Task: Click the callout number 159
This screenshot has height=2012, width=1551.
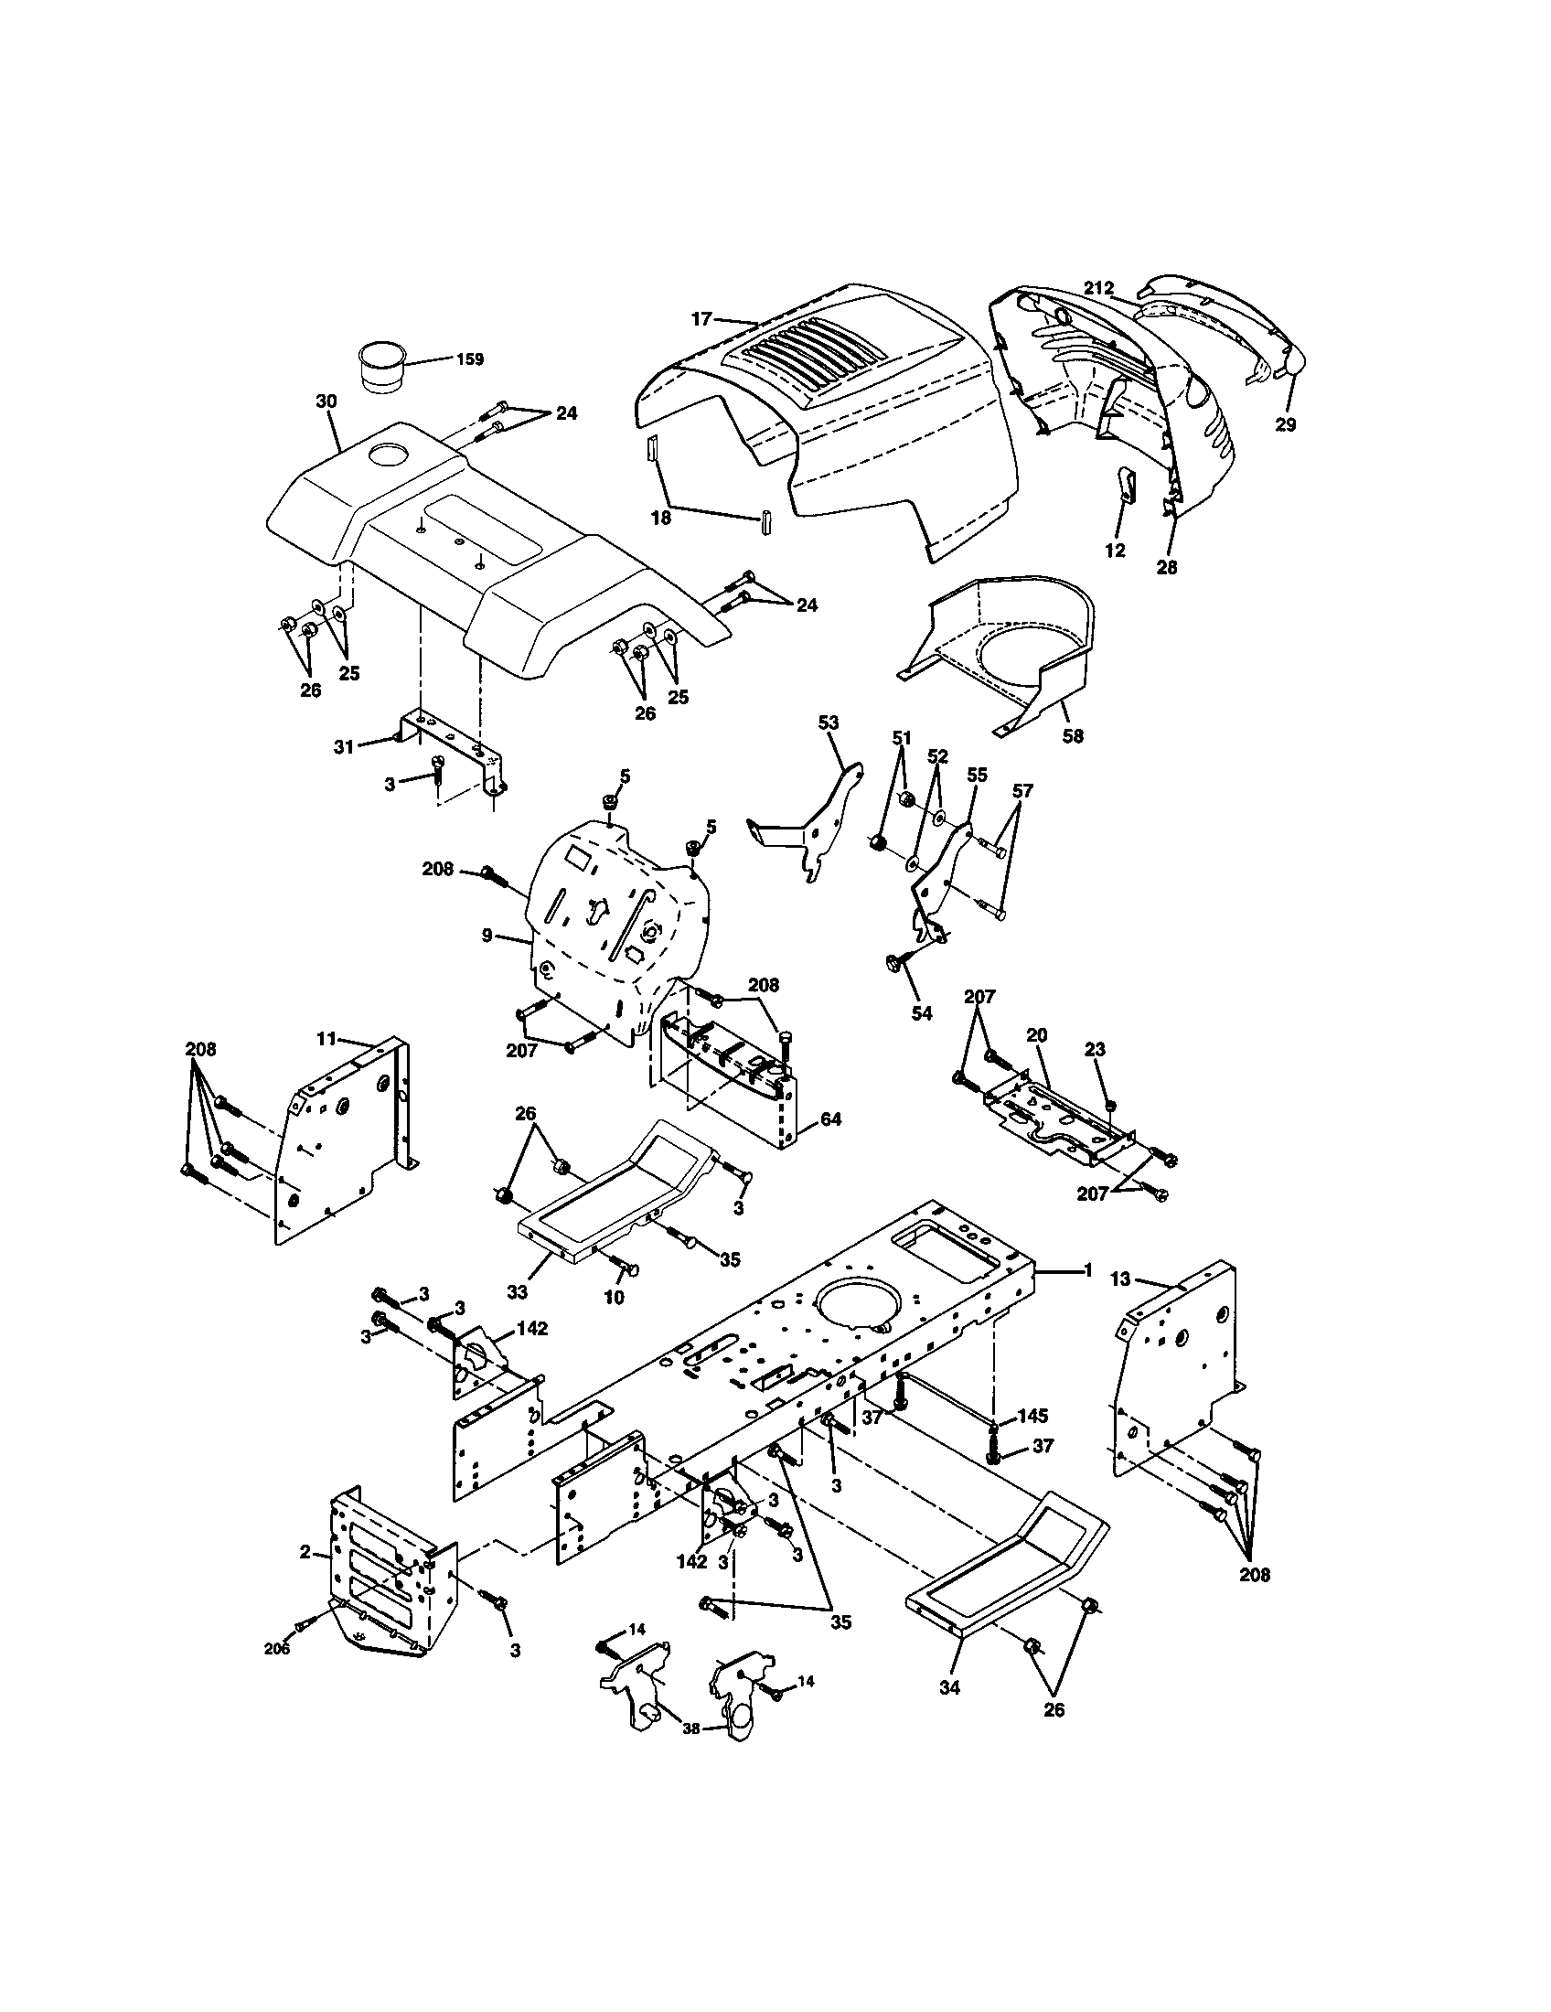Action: pos(469,359)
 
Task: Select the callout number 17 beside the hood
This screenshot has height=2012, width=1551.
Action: pos(701,319)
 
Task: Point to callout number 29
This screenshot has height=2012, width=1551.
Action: pos(1285,424)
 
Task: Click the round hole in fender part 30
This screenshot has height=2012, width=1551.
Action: pos(393,454)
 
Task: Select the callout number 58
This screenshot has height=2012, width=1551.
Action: pos(1073,735)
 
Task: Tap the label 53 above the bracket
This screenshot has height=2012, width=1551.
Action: pos(828,723)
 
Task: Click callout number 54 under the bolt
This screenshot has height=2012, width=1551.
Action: pos(921,1013)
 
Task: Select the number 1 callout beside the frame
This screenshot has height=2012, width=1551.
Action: pos(1086,1270)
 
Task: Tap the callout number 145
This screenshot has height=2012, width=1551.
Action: pos(1032,1416)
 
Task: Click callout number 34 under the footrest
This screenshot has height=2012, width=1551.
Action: pos(949,1686)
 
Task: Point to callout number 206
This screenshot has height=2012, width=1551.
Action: pos(276,1649)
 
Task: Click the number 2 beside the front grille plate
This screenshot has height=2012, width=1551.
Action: pos(305,1551)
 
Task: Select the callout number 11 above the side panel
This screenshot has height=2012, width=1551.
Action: pos(327,1039)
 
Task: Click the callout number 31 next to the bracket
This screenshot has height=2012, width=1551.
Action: pos(343,746)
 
